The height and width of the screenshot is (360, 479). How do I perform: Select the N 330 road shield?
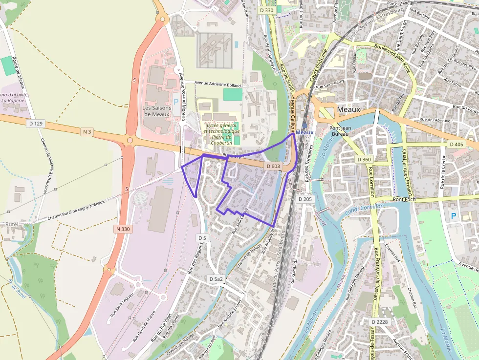coord(125,229)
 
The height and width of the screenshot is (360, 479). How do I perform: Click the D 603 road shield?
coord(274,167)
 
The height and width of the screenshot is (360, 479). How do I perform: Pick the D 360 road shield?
coord(365,160)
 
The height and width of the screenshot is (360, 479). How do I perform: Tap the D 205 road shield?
coord(305,199)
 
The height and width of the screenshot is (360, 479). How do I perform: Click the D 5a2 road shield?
coord(216,278)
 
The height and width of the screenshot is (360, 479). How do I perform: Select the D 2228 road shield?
coord(380,322)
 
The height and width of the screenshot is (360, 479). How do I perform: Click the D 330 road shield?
coord(267,10)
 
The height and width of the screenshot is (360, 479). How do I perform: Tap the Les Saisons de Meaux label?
coord(157,111)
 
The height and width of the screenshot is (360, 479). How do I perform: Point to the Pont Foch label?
coord(404,199)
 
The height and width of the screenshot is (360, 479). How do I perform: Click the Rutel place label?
coord(12,224)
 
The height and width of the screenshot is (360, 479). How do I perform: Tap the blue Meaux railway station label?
coord(304,132)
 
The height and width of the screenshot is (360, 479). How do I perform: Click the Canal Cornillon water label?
coord(364,209)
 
